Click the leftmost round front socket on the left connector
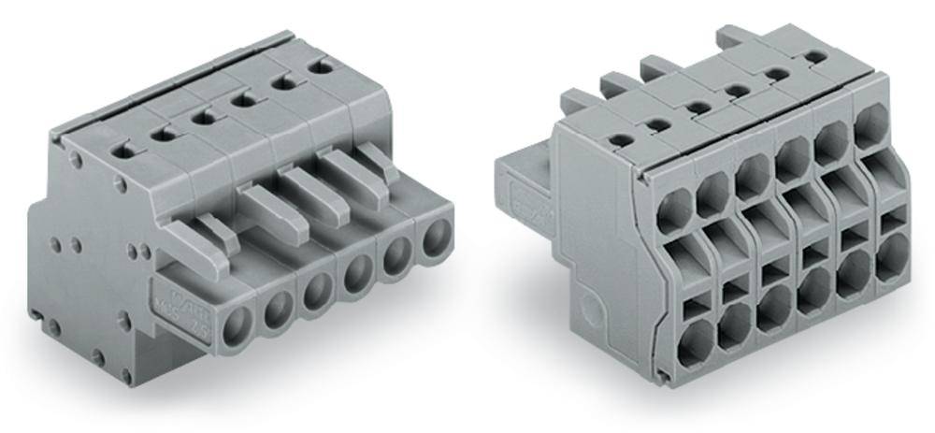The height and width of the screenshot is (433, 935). (239, 327)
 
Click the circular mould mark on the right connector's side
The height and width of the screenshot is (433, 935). (589, 308)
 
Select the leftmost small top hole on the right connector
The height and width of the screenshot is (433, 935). (617, 140)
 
